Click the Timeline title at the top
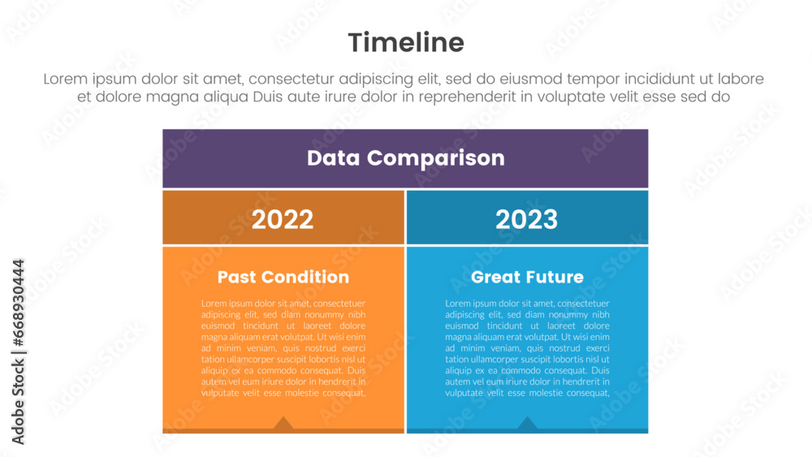pos(406,42)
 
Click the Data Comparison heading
pos(405,157)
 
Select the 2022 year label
pos(283,219)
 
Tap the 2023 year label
pos(527,219)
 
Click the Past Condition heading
pos(283,277)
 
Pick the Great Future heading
pos(527,277)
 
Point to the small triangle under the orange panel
pos(283,423)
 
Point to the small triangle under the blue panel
pos(528,423)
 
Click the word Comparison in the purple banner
pos(436,157)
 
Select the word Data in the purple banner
pos(334,157)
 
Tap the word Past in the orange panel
pos(238,277)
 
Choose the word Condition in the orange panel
pos(305,277)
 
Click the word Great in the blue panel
pos(495,277)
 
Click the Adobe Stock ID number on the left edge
pos(18,308)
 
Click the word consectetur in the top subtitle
pos(294,80)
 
